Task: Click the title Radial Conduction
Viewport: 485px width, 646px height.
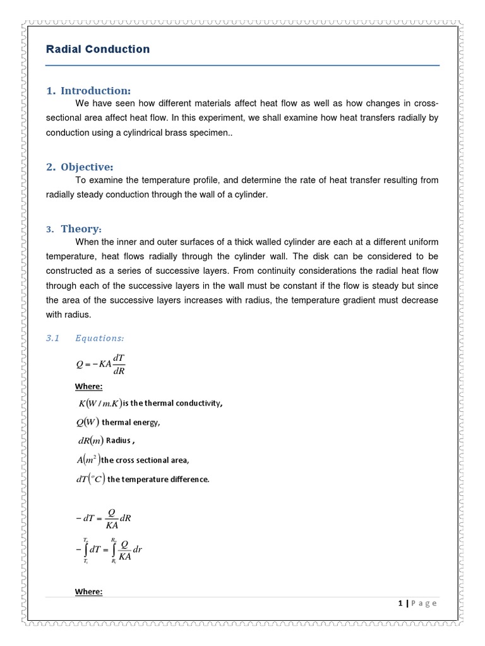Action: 98,49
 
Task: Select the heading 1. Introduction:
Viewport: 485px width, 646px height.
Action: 88,91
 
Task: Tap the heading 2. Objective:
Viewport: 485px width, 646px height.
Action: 80,167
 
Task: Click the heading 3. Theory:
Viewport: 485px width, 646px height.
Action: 74,229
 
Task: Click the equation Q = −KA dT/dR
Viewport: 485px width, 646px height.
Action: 100,365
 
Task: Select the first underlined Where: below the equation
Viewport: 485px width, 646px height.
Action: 88,387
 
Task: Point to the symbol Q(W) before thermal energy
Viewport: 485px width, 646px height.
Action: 86,423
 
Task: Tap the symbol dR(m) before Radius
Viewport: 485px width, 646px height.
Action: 88,441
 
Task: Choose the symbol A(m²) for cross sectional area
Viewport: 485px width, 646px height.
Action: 87,460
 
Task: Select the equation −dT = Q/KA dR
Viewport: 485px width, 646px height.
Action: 102,519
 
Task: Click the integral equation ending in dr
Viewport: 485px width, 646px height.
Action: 108,549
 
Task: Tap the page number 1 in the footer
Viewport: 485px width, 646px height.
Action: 400,603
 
